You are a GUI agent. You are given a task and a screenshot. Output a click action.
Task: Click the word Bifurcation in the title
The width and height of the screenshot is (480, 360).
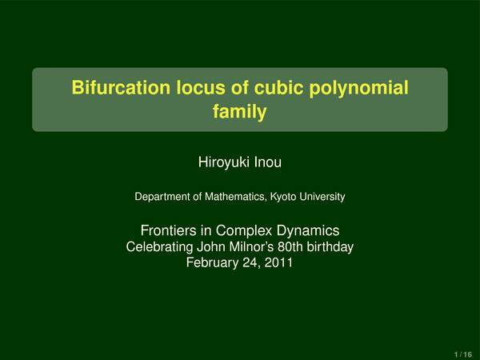(x=121, y=87)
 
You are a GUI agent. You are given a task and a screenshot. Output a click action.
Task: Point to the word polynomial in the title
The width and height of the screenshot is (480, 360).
(x=358, y=89)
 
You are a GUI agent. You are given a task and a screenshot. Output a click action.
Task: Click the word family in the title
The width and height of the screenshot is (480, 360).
(x=240, y=112)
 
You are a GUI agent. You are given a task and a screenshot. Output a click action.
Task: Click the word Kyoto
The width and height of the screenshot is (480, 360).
(x=283, y=197)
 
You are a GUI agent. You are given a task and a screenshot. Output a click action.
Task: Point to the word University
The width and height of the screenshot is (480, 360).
(x=322, y=197)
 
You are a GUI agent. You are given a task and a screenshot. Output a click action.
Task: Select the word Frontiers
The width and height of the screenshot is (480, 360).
(x=168, y=230)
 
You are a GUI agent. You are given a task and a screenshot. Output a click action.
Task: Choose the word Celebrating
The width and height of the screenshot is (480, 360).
(x=159, y=247)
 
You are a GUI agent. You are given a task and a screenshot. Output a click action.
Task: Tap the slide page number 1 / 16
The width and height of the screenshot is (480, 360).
(x=463, y=354)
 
